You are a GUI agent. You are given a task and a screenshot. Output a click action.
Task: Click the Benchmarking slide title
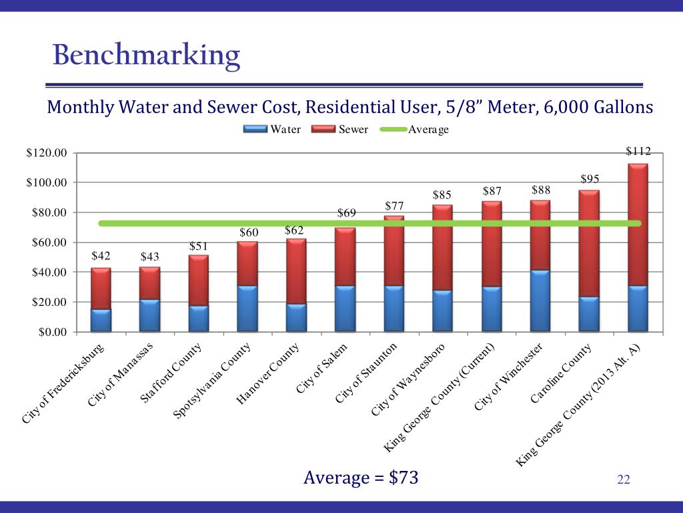(146, 56)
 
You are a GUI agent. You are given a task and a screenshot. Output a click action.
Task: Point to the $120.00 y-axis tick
(47, 153)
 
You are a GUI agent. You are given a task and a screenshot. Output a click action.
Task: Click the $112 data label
(638, 152)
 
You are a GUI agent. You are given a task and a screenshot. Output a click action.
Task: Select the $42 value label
(101, 256)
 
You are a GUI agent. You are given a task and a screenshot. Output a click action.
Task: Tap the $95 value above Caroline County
(589, 179)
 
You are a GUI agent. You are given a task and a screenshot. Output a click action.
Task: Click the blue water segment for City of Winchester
(540, 301)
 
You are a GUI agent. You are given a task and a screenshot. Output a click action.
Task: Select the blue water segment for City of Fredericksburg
(101, 320)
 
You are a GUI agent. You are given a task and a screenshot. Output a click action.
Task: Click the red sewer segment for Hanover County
(296, 271)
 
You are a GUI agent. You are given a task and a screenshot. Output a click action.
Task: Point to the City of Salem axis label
(321, 369)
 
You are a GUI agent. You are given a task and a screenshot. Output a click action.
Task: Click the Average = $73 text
(361, 478)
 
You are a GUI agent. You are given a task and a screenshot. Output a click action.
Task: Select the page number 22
(624, 479)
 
